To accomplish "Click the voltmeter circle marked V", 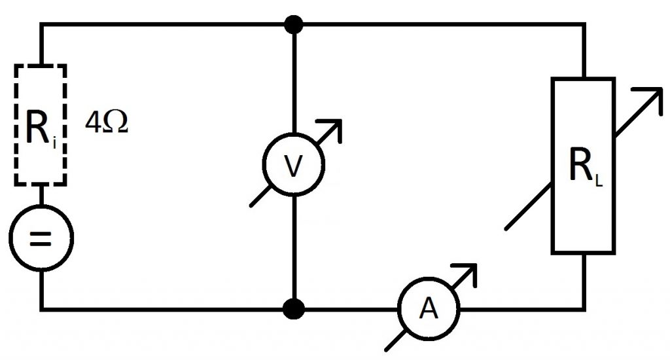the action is coord(294,134).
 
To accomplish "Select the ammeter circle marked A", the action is coord(429,278).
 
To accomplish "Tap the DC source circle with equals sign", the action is coord(41,206).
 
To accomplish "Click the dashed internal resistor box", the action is coord(15,125).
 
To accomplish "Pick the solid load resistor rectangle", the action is coord(552,166).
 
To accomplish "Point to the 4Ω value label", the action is coord(107,122).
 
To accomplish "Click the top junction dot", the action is coord(294,24).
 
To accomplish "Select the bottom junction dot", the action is coord(294,309).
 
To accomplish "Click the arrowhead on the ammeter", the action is coord(469,270).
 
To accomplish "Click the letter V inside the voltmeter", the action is coord(293,166).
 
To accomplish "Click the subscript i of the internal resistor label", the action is coord(54,143).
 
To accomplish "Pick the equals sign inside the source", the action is coord(41,239).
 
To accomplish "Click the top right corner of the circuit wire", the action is coord(584,24).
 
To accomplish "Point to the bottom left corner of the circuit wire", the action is coord(42,309).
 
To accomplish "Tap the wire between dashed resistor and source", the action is coord(41,196).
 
